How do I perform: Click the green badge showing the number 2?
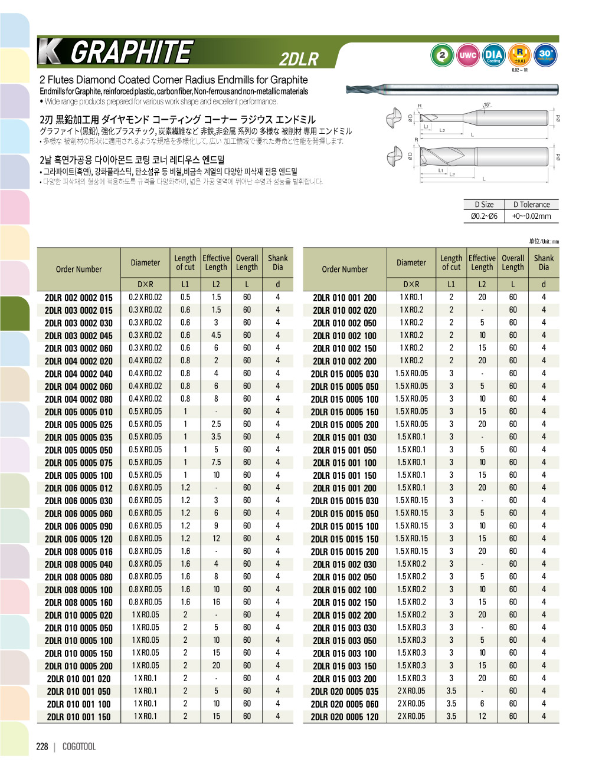(441, 55)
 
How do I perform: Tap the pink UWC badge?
(467, 55)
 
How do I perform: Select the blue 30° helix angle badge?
(545, 55)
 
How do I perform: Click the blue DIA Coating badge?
(493, 55)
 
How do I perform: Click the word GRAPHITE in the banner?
(131, 52)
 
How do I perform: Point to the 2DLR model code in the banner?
(299, 59)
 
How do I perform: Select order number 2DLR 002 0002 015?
(78, 298)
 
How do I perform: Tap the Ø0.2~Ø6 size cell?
(484, 216)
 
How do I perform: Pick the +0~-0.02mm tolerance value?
(531, 216)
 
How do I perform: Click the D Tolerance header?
(531, 205)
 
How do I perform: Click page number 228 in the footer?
(42, 747)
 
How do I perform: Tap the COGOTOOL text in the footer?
(78, 747)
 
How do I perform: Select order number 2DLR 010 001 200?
(345, 298)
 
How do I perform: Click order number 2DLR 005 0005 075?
(78, 463)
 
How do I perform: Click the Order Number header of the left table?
(78, 269)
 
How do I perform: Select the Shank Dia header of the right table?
(544, 262)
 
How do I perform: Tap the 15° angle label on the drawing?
(487, 105)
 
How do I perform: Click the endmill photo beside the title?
(451, 89)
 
